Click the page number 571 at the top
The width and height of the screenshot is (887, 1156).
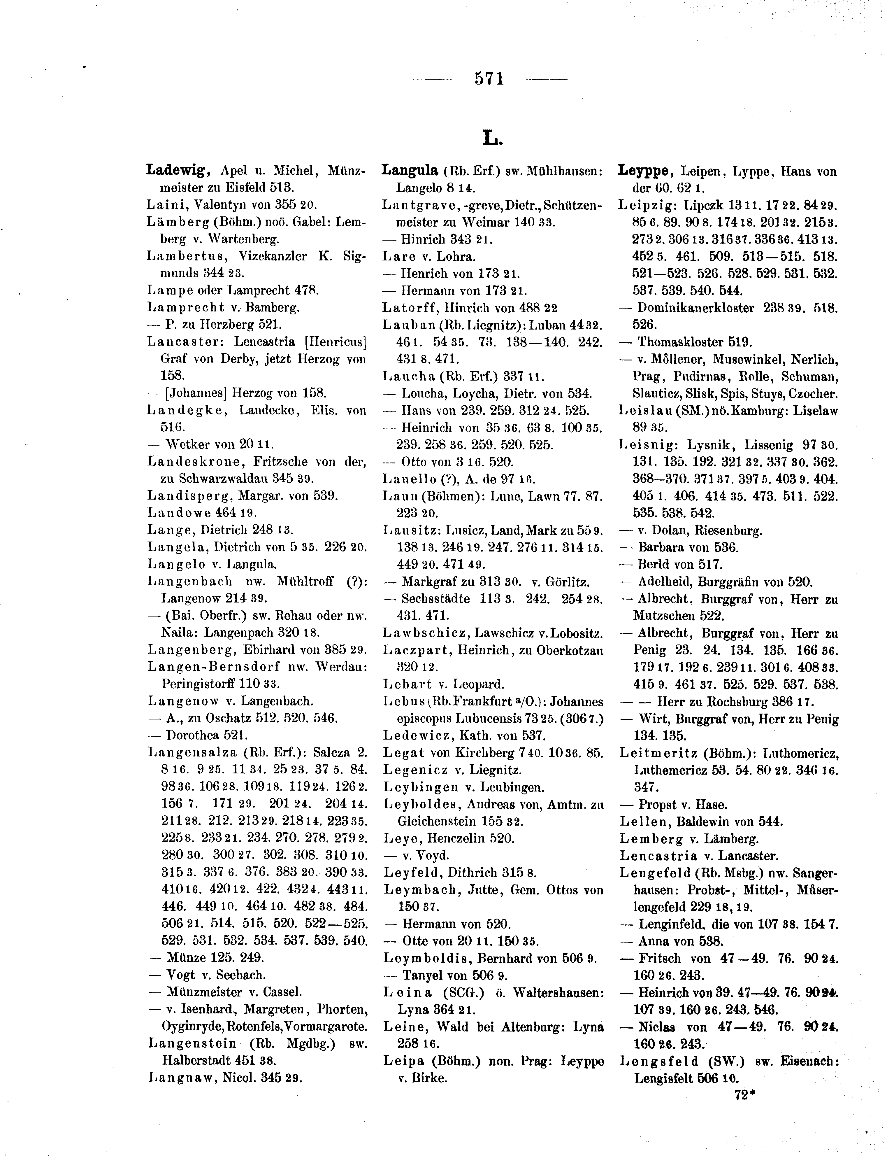489,79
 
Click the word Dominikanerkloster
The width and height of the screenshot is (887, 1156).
696,307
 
